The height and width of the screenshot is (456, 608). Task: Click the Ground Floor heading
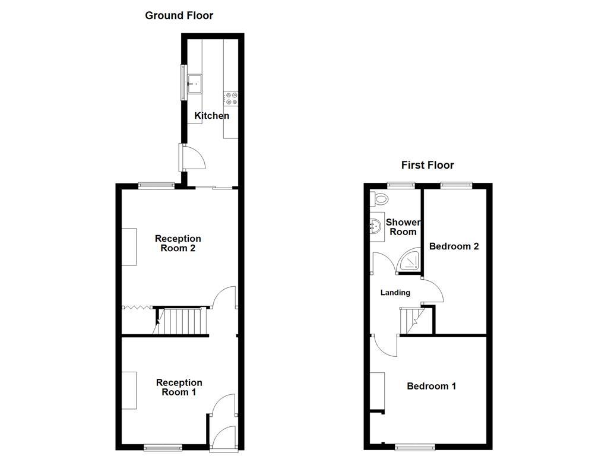coord(179,15)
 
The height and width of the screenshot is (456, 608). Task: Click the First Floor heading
coord(427,165)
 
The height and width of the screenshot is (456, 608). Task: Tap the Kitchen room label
coord(212,116)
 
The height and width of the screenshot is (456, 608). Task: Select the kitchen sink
coord(195,84)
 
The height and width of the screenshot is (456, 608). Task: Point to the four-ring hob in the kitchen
coord(231,99)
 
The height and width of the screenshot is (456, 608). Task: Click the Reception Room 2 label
coord(178,243)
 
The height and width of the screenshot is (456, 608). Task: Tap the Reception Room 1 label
coord(179,387)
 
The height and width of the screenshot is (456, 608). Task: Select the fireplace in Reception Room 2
coord(129,247)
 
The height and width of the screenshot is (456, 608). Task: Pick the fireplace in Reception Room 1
coord(129,390)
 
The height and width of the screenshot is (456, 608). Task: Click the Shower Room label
coord(403,227)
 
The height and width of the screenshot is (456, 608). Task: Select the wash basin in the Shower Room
coord(375,226)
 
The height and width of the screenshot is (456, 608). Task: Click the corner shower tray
coord(409,261)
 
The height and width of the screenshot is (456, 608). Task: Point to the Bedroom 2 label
coord(454,246)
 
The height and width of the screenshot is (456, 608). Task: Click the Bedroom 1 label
coord(431,387)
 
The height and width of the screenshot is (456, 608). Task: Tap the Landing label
coord(395,293)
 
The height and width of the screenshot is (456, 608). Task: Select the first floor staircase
coord(410,321)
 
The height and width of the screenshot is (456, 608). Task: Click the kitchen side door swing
coord(194,157)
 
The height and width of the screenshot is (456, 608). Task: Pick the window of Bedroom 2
coord(456,185)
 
